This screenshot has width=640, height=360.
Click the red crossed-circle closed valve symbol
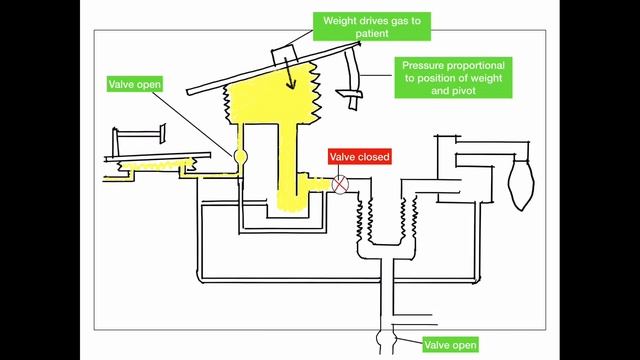[x=341, y=185]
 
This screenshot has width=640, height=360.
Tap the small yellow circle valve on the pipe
[x=240, y=157]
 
